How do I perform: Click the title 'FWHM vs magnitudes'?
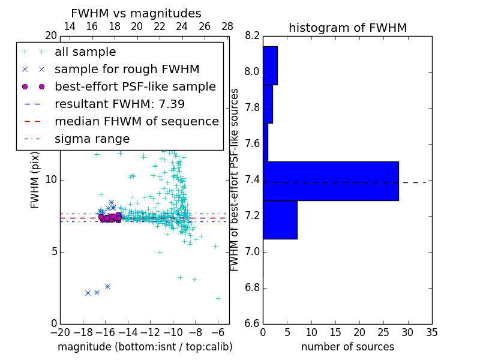click(x=136, y=13)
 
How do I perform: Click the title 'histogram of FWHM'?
click(x=347, y=28)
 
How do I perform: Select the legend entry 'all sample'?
click(x=85, y=52)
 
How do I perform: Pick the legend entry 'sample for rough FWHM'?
click(x=127, y=70)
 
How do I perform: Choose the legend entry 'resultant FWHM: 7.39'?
click(x=119, y=104)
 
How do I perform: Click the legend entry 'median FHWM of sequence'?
click(x=136, y=122)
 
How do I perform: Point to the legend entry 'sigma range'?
click(x=92, y=139)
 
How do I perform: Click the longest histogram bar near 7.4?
click(x=331, y=181)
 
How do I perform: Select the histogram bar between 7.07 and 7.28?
click(x=280, y=220)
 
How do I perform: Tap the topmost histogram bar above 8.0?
click(x=270, y=65)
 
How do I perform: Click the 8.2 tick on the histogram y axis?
click(x=252, y=36)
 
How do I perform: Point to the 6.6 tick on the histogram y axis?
click(x=252, y=323)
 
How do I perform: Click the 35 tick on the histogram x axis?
click(x=431, y=332)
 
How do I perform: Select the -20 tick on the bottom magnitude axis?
click(x=60, y=332)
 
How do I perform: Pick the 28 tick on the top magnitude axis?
click(x=227, y=26)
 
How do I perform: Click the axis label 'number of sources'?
click(x=347, y=347)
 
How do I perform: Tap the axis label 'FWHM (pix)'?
click(x=35, y=179)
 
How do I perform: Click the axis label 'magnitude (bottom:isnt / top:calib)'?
click(x=145, y=347)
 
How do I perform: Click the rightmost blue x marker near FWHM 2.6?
click(x=107, y=286)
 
